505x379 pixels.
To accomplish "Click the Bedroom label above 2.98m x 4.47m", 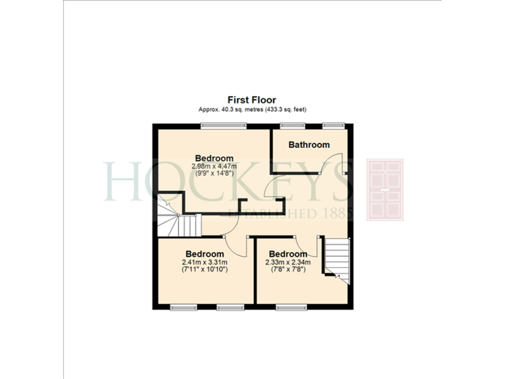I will click(214, 158).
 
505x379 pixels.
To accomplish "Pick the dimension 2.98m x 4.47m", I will click(214, 166).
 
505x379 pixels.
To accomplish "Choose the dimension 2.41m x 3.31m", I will click(204, 262).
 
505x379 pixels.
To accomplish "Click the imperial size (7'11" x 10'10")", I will click(204, 269).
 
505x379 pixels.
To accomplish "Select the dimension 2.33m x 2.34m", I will click(288, 262).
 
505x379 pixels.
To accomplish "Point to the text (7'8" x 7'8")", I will click(288, 269).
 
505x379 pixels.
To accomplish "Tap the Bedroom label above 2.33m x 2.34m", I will click(288, 254).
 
